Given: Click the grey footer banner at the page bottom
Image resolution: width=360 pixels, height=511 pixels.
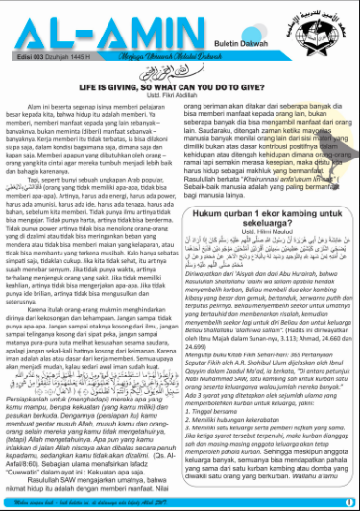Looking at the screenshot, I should (180, 499).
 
